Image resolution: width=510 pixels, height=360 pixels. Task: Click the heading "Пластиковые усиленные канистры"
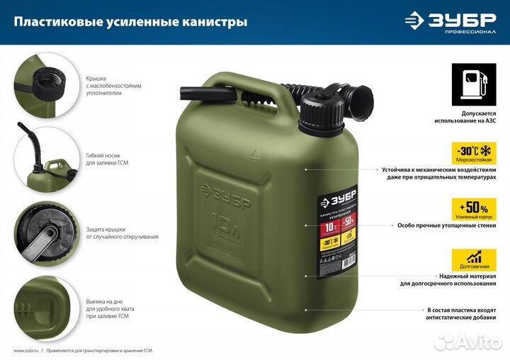click(x=131, y=22)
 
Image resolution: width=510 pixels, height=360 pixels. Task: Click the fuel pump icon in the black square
click(x=472, y=83)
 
